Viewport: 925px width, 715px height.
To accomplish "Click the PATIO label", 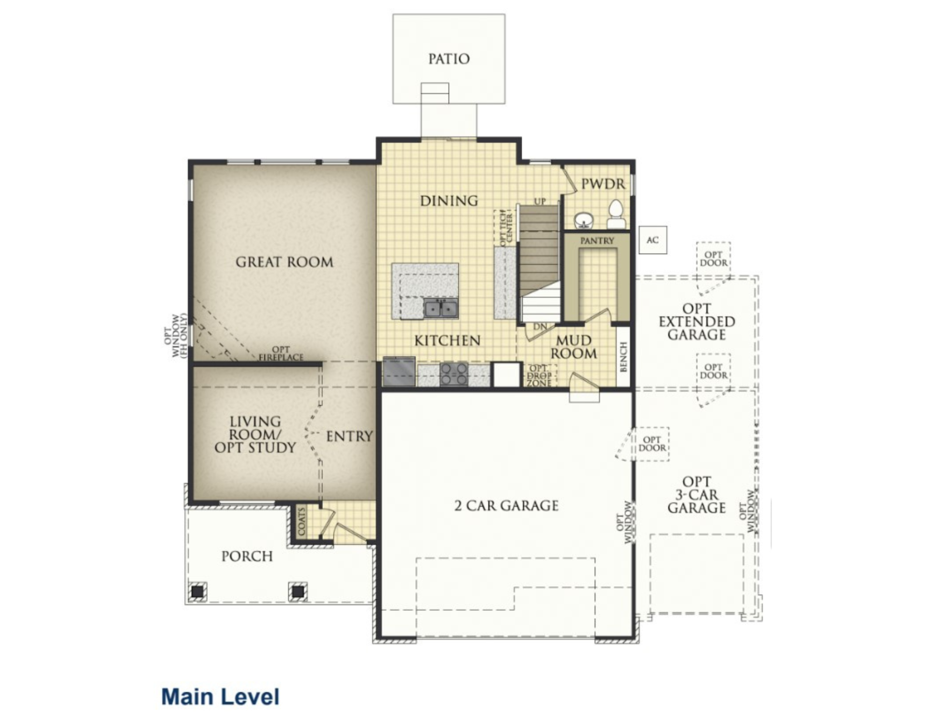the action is (x=449, y=59).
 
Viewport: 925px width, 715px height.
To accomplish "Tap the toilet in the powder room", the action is (x=616, y=215).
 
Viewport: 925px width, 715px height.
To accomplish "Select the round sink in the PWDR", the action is (x=584, y=221).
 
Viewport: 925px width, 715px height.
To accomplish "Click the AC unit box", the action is (x=653, y=240).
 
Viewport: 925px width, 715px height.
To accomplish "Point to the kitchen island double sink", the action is (x=441, y=308).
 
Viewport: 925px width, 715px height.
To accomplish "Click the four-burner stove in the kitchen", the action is (x=453, y=374).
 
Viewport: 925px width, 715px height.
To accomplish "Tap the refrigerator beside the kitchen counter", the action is (x=399, y=371).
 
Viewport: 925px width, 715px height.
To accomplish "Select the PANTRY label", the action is (x=597, y=240).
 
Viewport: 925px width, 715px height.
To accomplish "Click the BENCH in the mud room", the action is (x=623, y=356).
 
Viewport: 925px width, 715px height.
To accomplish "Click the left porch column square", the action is (x=197, y=591).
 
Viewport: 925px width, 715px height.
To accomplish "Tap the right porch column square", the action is (x=298, y=591).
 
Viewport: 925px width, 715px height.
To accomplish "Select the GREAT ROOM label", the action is (x=284, y=262).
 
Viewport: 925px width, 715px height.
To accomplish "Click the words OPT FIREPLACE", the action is (x=281, y=353).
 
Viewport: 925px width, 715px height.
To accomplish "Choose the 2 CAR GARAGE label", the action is (x=506, y=505).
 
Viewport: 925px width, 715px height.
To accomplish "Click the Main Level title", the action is (x=220, y=697).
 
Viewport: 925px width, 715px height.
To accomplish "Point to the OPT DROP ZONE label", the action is (x=539, y=376).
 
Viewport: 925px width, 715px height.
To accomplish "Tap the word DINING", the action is (x=449, y=201).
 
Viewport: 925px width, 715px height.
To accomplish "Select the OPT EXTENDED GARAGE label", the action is (x=697, y=322).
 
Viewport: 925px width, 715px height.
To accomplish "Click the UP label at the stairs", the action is (x=540, y=201).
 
